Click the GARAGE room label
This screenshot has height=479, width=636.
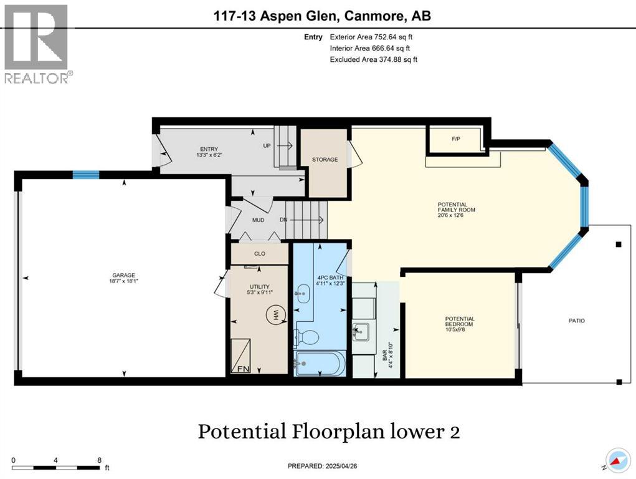point(124,278)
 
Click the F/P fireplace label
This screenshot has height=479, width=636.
point(456,138)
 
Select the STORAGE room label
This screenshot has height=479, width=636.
point(325,160)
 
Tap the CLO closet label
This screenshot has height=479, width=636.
point(260,254)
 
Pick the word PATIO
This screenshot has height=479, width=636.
point(576,321)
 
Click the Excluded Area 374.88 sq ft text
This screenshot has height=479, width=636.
point(373,60)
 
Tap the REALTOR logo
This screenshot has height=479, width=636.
point(37,44)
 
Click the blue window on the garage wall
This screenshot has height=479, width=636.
point(86,175)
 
